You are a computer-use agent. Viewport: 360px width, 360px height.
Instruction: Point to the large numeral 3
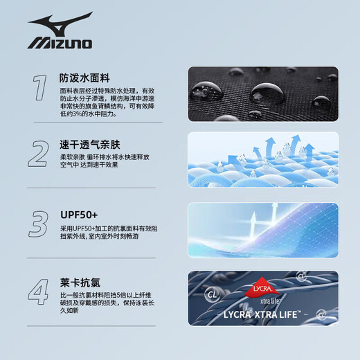[39, 224]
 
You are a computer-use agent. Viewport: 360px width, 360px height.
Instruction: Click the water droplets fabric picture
[263, 94]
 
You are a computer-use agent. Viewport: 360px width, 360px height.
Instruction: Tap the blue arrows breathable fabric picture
[263, 161]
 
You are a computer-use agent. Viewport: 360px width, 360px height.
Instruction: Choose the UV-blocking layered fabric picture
[263, 230]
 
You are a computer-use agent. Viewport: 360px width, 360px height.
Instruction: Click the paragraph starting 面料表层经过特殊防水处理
[107, 104]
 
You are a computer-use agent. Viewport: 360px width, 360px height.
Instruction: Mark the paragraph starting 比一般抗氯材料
[107, 305]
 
